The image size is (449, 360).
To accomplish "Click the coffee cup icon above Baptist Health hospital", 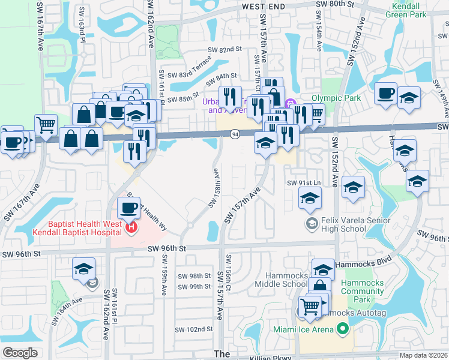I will tap(128, 209).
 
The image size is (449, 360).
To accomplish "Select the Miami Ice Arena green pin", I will tap(342, 328).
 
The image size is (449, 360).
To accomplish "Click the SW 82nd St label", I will tap(224, 50).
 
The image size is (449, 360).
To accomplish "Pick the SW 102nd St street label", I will tap(194, 329).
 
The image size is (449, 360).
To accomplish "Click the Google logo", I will tap(20, 353).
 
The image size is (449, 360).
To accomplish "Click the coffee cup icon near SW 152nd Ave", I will tap(385, 93).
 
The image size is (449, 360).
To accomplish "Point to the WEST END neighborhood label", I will tap(265, 5).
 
